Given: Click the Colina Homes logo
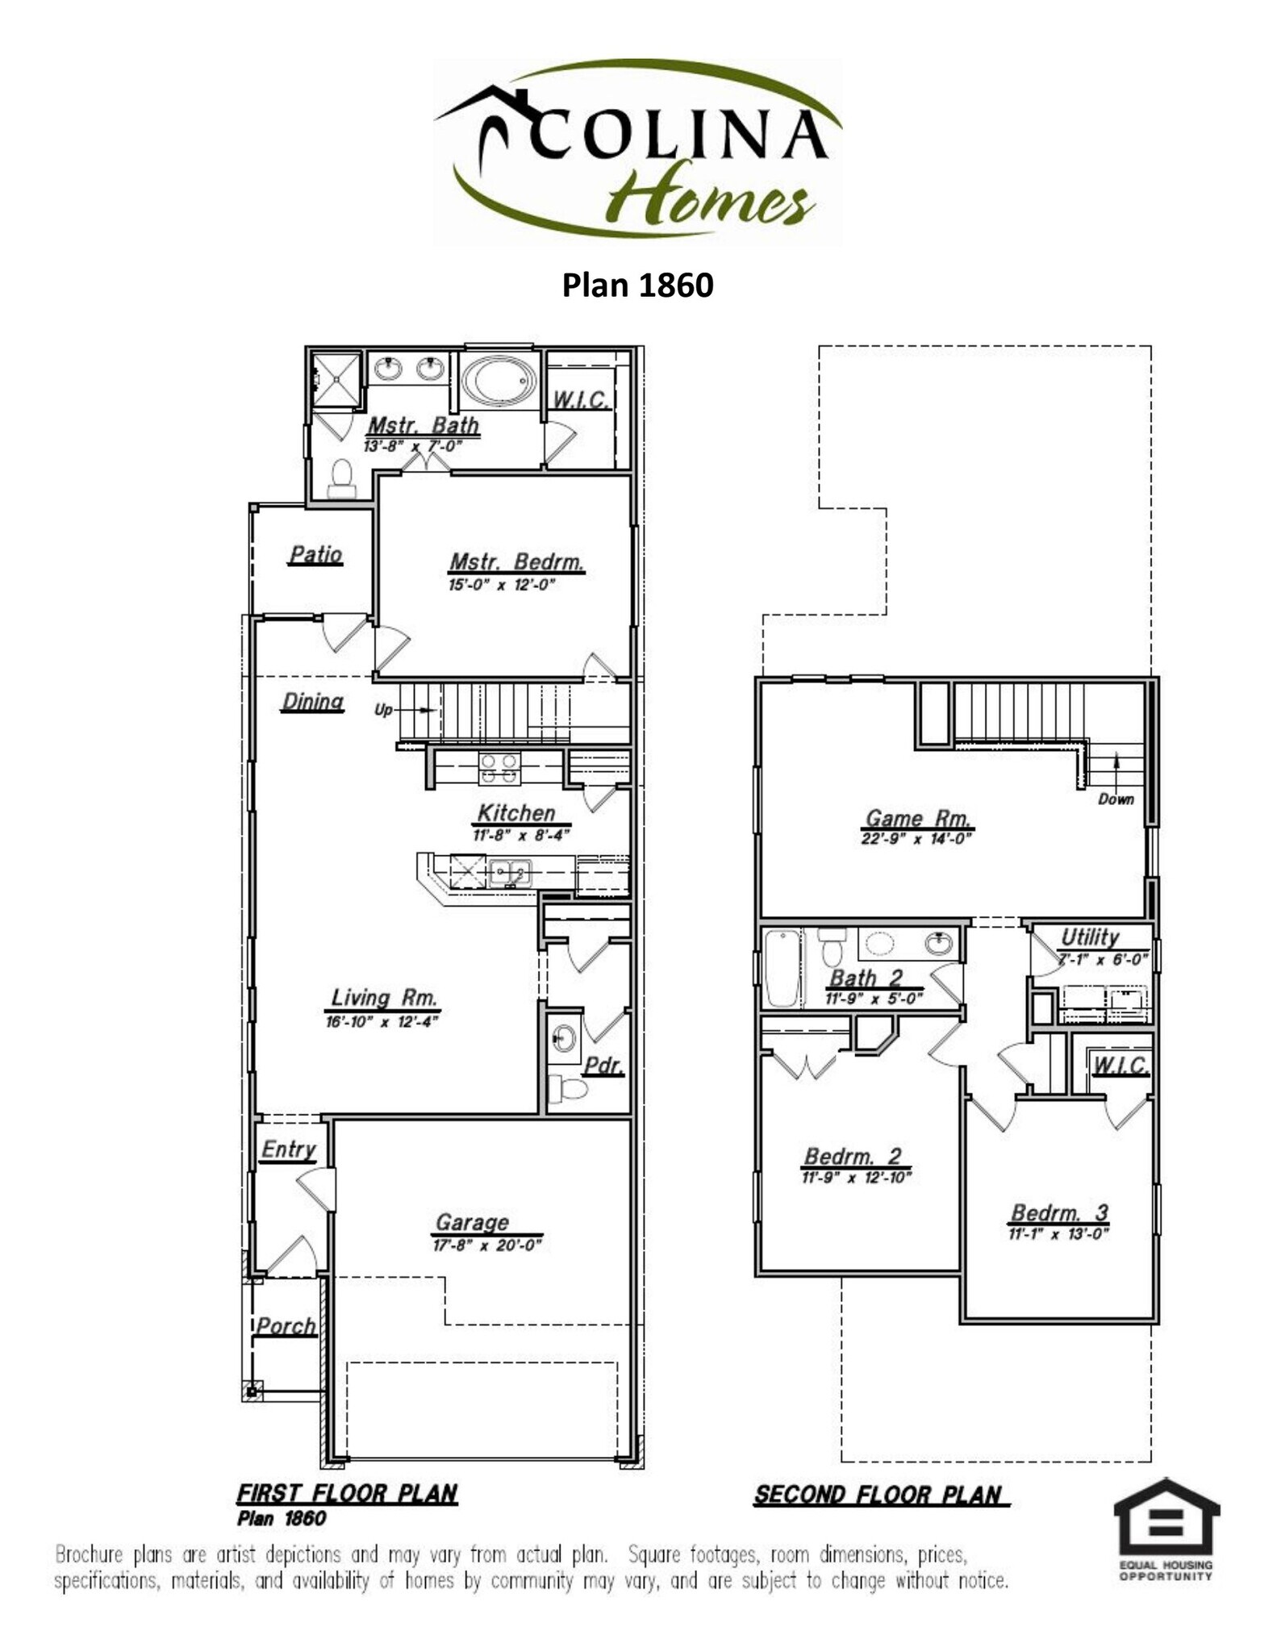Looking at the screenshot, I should [x=637, y=152].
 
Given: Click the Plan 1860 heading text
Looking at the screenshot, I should [x=637, y=285].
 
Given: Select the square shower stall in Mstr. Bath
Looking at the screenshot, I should [x=336, y=378].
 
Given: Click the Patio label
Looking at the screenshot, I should [x=315, y=555].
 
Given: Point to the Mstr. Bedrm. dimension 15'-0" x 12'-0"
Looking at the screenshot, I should [x=502, y=585].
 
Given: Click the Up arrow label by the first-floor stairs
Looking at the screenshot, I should [x=383, y=710].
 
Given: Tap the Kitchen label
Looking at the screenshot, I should [x=516, y=813].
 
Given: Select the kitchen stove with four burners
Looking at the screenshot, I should [x=499, y=768].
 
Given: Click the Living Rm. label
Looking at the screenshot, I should [x=384, y=998].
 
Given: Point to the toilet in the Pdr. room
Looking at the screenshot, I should [x=568, y=1089].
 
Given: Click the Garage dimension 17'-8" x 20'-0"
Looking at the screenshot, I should [x=486, y=1245].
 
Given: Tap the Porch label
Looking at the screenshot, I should [x=286, y=1326].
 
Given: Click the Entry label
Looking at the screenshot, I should [x=288, y=1149].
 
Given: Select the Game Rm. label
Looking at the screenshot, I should [x=916, y=818].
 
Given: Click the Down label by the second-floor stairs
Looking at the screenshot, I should [x=1116, y=799].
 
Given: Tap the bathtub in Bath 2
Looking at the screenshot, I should [x=782, y=968].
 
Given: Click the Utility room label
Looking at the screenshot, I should [x=1089, y=937].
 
